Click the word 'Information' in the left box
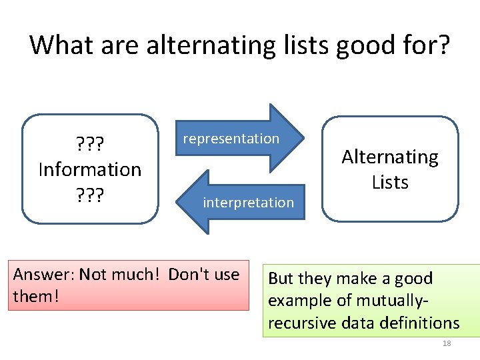click(x=90, y=169)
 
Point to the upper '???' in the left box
click(x=90, y=143)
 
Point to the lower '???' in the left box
click(x=90, y=195)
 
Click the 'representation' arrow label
click(x=231, y=139)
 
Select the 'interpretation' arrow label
click(x=248, y=202)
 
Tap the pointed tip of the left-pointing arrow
click(x=177, y=202)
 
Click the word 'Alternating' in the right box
click(x=390, y=157)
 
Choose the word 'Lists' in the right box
click(x=390, y=182)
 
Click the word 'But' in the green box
click(x=282, y=279)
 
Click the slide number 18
click(x=447, y=343)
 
